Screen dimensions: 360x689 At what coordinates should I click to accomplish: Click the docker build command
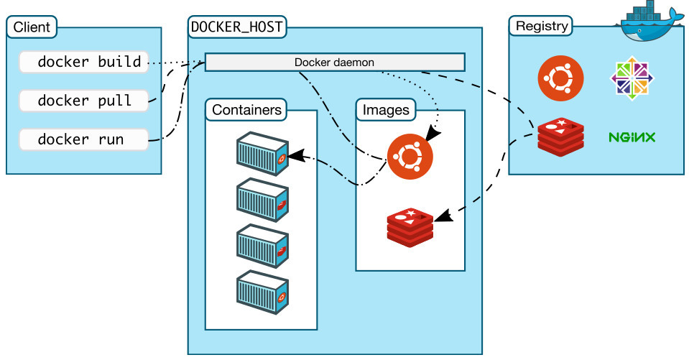[x=83, y=63]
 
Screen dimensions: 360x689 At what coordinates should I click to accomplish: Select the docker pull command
[x=83, y=101]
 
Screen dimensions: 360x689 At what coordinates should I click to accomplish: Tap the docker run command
[x=83, y=139]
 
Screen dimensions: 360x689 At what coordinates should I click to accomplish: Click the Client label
[x=32, y=27]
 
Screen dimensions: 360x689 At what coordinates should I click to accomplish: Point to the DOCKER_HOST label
[x=236, y=27]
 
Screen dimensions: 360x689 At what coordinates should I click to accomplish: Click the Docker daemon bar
[x=334, y=63]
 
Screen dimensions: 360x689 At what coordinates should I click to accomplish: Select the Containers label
[x=246, y=111]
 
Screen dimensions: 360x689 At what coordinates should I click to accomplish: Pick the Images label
[x=386, y=111]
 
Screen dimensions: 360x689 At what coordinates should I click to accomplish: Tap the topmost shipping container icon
[x=263, y=153]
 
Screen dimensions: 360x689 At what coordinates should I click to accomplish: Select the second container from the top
[x=263, y=198]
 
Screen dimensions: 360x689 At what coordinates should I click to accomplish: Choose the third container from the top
[x=263, y=244]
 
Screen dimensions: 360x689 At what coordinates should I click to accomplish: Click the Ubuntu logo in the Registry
[x=561, y=79]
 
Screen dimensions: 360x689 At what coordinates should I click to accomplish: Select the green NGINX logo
[x=632, y=137]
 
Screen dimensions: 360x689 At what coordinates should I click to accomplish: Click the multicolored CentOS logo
[x=632, y=79]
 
